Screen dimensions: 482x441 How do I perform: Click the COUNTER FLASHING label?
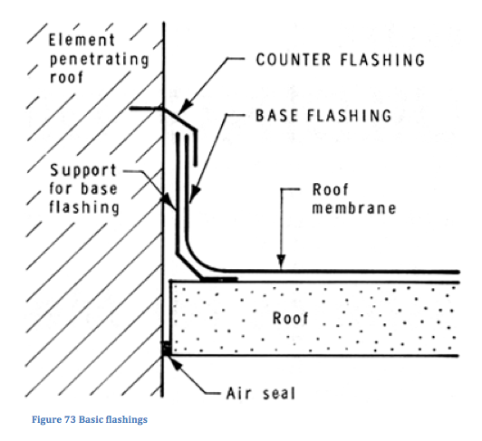[x=341, y=60]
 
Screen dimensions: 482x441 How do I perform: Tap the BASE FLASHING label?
[x=323, y=116]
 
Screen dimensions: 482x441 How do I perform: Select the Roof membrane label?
[x=354, y=198]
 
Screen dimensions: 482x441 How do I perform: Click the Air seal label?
[x=261, y=393]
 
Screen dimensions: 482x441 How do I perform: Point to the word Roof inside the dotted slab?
[x=291, y=318]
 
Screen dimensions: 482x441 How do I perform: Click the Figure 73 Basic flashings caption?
[x=90, y=419]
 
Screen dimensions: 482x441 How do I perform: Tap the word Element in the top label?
[x=82, y=40]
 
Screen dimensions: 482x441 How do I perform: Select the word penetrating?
[x=100, y=60]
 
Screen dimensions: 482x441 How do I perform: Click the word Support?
[x=83, y=170]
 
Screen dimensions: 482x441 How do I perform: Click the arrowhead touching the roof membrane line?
[x=281, y=263]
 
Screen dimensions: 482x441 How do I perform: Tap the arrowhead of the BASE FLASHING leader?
[x=194, y=194]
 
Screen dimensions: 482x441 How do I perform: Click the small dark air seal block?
[x=167, y=349]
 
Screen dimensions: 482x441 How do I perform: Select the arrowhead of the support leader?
[x=169, y=201]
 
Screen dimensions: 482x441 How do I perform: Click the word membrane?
[x=354, y=208]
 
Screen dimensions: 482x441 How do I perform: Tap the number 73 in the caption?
[x=70, y=419]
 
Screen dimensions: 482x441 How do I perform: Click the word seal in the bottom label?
[x=279, y=393]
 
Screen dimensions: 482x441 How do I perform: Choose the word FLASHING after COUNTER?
[x=382, y=60]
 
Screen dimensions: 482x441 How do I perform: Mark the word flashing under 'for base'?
[x=84, y=207]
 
